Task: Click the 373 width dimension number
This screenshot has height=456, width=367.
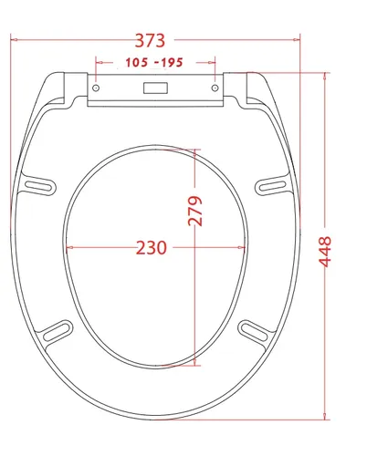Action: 150,40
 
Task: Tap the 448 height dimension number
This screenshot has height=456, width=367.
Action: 324,252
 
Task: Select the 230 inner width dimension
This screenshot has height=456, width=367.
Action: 152,248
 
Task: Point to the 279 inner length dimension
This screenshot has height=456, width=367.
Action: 194,211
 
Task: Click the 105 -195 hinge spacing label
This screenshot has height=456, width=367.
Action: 154,63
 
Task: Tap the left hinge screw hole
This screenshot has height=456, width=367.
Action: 96,88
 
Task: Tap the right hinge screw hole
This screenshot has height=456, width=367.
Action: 215,88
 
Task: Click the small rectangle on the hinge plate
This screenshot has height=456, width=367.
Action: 155,88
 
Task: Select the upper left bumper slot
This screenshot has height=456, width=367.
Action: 38,186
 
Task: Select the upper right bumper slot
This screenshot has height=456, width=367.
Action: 272,185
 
